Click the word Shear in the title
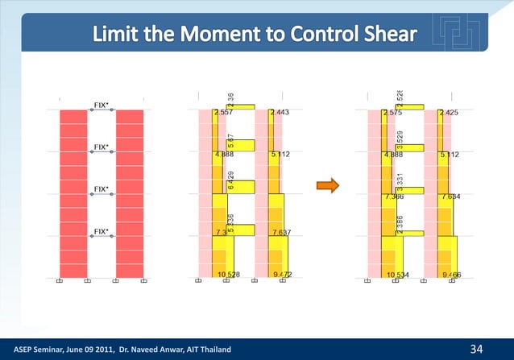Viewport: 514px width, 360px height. coord(386,34)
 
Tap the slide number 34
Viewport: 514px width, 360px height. coord(478,349)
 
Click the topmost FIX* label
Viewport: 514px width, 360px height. coord(102,105)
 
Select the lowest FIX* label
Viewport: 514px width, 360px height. coord(102,231)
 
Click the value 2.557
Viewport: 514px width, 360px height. coord(226,113)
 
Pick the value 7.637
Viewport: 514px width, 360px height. coord(282,233)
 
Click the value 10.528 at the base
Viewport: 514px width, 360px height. coord(228,275)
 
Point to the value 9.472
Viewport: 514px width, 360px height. coord(282,275)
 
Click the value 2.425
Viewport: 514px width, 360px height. coord(450,114)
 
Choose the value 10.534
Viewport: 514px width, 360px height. coord(398,275)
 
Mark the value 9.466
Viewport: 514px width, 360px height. coord(451,275)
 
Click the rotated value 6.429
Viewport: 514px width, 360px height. coord(232,181)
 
